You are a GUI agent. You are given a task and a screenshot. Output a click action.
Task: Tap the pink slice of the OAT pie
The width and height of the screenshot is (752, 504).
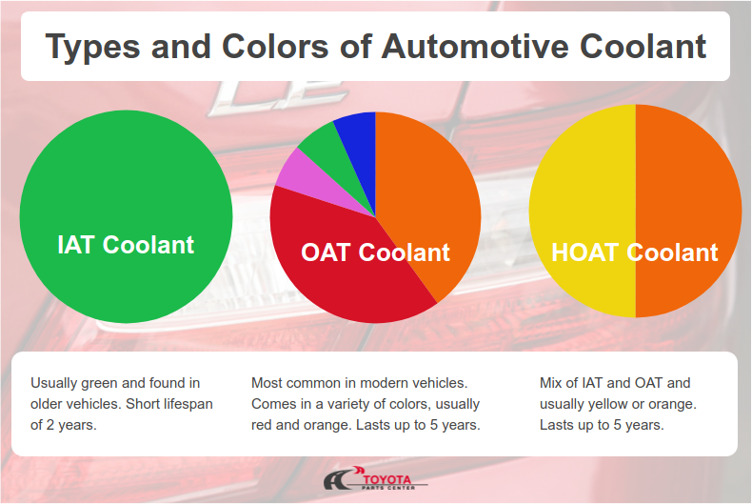click(299, 171)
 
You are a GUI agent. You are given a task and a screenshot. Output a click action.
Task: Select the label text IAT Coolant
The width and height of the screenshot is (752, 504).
click(126, 245)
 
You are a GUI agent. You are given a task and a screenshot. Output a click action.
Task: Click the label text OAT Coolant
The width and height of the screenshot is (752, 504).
click(375, 252)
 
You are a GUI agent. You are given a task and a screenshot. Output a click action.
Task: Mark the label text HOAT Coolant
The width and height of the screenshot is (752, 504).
click(635, 252)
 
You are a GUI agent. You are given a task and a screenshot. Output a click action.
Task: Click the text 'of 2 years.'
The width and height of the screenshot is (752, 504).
click(64, 425)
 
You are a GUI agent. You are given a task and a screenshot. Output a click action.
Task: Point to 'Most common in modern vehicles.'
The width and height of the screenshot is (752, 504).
click(359, 383)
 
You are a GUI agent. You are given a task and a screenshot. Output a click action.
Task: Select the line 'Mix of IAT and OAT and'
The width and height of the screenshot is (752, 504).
click(615, 383)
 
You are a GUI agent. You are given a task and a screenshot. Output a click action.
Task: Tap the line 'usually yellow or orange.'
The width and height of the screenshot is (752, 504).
click(618, 404)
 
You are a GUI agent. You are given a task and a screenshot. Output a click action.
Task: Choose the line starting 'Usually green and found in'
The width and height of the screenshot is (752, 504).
click(115, 383)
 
